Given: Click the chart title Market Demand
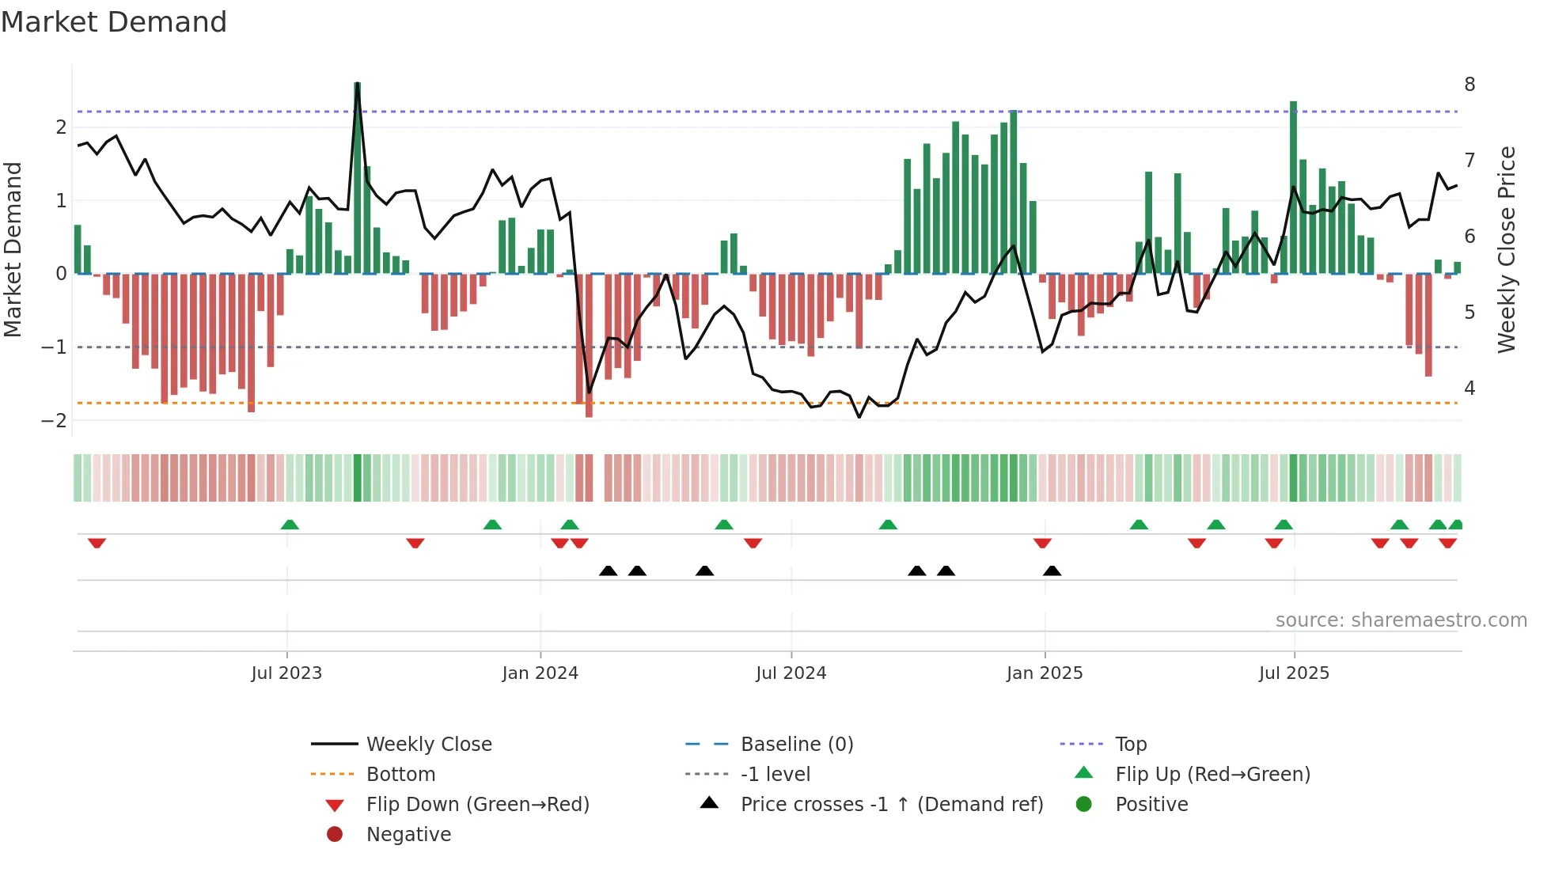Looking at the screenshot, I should [x=114, y=22].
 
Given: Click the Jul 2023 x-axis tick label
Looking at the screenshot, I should [x=286, y=673].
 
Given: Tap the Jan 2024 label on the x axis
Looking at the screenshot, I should [x=540, y=673].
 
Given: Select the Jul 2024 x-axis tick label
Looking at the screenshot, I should [x=791, y=673].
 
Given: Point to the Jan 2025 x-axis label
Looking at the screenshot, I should [x=1044, y=673].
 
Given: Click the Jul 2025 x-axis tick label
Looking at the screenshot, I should [x=1294, y=673].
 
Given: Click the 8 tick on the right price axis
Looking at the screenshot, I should [x=1469, y=85].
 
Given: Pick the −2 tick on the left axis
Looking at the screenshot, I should [x=54, y=420].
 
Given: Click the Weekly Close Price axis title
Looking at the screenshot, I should [x=1507, y=249].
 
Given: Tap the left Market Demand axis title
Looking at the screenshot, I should [x=13, y=249].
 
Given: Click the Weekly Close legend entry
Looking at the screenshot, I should [x=428, y=745].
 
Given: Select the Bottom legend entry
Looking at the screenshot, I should [x=400, y=775].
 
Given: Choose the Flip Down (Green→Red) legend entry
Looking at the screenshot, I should [x=477, y=805].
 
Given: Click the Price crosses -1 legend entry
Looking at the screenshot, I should [x=891, y=805].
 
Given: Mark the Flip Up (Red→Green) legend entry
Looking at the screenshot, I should [x=1212, y=775].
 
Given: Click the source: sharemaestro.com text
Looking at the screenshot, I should [x=1401, y=620].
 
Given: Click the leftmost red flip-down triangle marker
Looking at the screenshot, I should [x=97, y=543].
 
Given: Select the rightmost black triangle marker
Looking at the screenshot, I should [x=1052, y=571].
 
